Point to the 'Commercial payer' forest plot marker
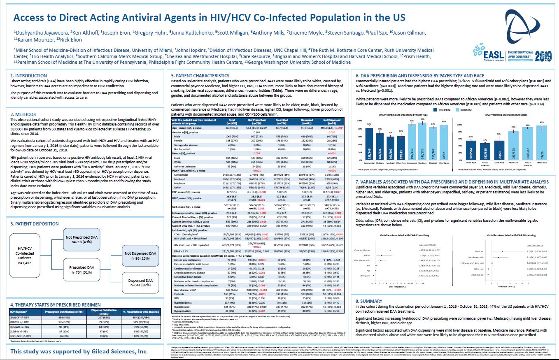[390, 250]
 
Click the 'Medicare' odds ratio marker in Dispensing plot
[502, 251]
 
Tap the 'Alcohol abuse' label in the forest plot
[478, 274]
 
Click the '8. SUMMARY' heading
[369, 301]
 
